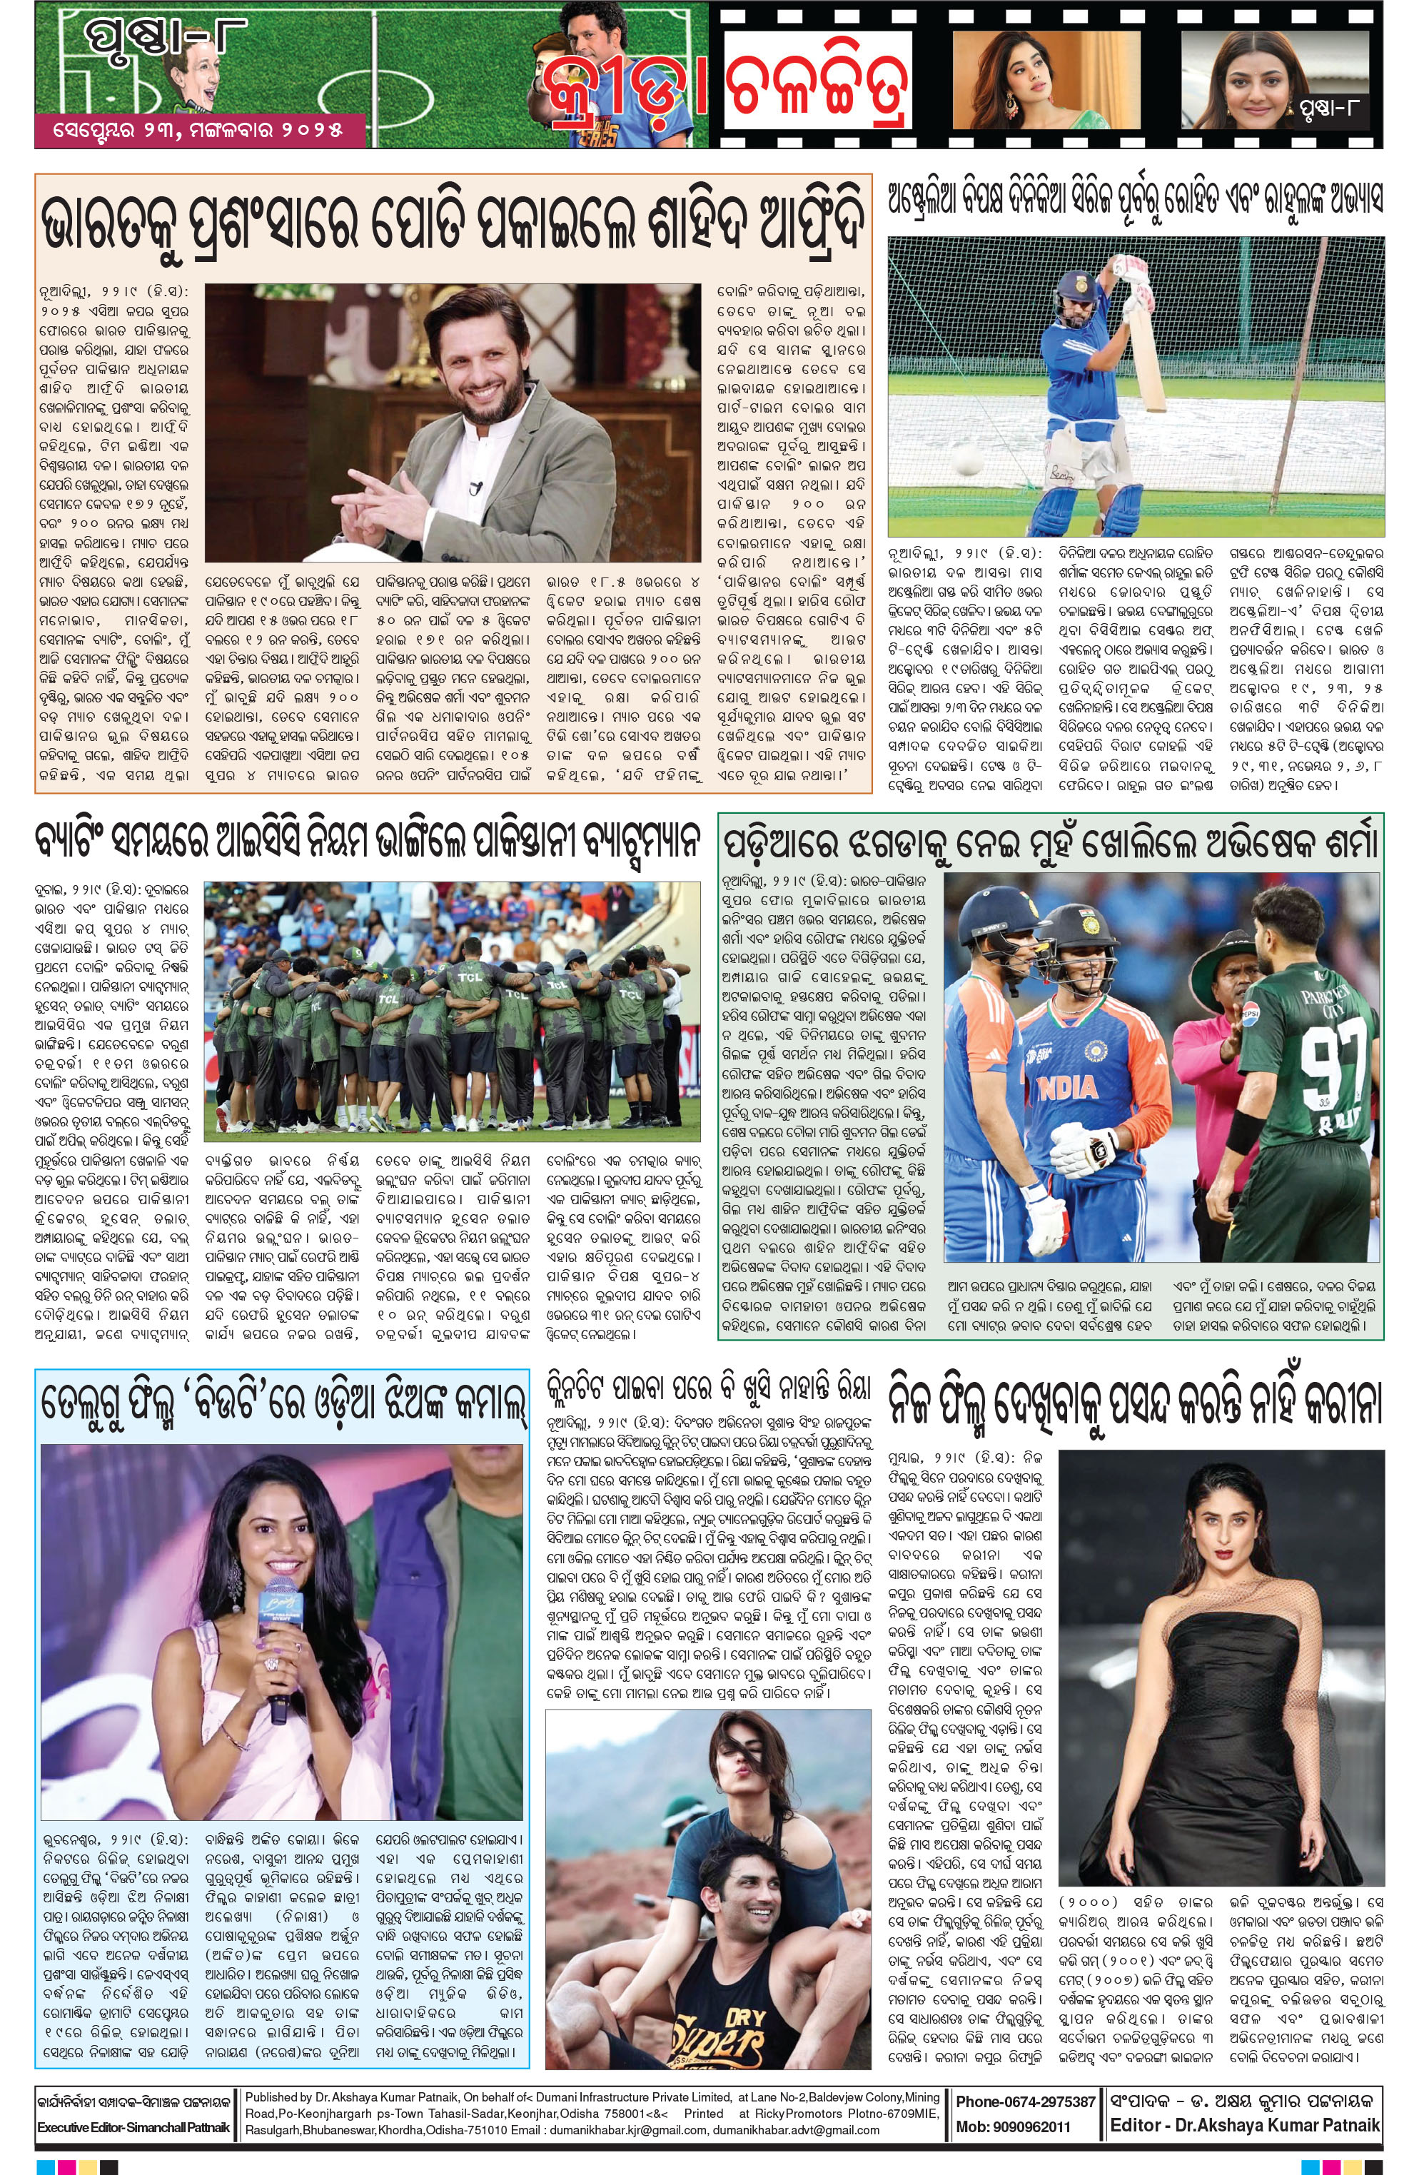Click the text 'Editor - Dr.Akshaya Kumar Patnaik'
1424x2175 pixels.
(x=1244, y=2125)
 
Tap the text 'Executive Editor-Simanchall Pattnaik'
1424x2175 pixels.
(x=133, y=2127)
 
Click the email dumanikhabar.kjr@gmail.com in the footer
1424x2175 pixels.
(x=631, y=2129)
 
